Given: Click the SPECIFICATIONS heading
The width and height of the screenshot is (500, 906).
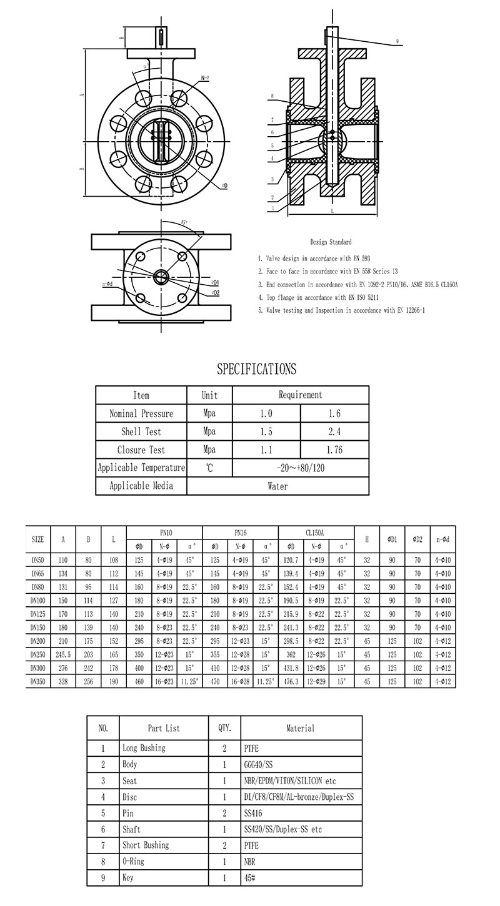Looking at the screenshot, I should (256, 369).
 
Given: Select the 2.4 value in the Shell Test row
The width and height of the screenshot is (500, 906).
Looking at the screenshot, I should (334, 431).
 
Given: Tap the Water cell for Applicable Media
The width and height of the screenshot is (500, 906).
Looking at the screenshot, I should (277, 486).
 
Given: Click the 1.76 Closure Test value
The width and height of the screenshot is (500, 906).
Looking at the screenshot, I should (334, 450).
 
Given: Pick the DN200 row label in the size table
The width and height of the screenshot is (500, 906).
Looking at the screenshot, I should (37, 641).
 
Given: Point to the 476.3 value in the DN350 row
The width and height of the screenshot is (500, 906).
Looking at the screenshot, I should (291, 682).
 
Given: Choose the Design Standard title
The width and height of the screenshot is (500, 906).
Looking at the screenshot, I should (331, 242).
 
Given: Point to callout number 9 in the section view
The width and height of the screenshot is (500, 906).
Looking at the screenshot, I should (397, 42).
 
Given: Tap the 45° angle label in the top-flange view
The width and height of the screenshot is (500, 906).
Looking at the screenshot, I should (184, 222).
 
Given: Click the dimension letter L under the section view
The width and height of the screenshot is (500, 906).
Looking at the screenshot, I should (332, 212).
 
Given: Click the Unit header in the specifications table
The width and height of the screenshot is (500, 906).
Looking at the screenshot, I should (209, 395).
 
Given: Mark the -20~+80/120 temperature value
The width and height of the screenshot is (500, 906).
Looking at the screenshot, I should (300, 468).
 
